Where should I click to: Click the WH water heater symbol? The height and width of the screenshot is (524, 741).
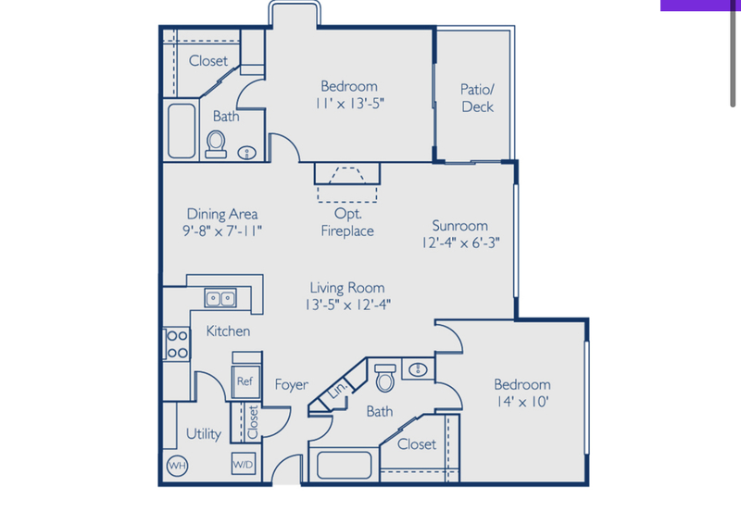click(175, 466)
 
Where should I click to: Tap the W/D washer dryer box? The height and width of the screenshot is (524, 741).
click(243, 463)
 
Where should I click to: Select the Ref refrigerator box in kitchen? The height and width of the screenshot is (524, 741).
click(245, 381)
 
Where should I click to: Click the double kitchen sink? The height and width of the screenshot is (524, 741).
click(220, 298)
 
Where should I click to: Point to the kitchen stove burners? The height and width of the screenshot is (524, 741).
click(176, 344)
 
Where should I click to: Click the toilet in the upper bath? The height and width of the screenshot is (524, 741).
click(217, 143)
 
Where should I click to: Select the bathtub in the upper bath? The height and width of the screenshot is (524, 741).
click(182, 131)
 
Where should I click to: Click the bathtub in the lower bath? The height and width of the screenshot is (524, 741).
click(344, 465)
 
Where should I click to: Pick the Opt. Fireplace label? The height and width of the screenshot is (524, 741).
click(347, 222)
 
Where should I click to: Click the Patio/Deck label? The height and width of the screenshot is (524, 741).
click(477, 98)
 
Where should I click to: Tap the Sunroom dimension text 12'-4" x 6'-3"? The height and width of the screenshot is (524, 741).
click(459, 243)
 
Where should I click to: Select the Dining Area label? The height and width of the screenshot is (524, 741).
click(221, 214)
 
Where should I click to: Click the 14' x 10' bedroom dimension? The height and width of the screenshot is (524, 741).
click(521, 402)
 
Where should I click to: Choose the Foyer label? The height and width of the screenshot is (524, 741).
click(291, 385)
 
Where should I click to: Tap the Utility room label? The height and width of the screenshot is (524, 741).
click(204, 433)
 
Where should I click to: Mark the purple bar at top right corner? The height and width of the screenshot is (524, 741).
click(700, 5)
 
